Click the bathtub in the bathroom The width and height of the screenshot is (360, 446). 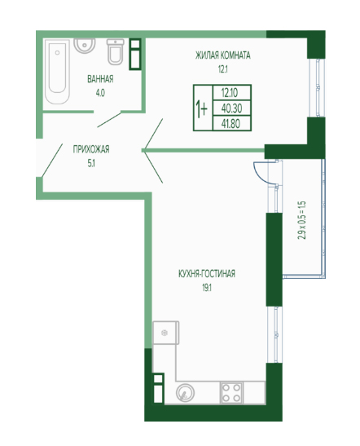pyautogui.click(x=57, y=71)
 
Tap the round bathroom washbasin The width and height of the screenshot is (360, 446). pyautogui.click(x=85, y=46)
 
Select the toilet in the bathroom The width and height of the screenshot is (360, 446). pyautogui.click(x=116, y=51)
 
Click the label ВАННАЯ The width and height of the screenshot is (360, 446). pyautogui.click(x=100, y=79)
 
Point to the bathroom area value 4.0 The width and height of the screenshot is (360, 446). pyautogui.click(x=100, y=93)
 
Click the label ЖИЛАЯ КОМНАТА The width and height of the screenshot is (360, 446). pyautogui.click(x=223, y=55)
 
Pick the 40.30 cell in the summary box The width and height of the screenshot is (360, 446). pyautogui.click(x=232, y=108)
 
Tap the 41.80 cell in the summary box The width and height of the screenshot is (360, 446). pyautogui.click(x=232, y=123)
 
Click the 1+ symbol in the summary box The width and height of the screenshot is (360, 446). pyautogui.click(x=202, y=108)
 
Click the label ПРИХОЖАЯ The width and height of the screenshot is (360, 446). pyautogui.click(x=91, y=149)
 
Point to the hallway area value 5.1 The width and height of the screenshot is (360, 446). pyautogui.click(x=91, y=163)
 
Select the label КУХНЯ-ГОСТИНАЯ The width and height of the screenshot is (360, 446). pyautogui.click(x=207, y=274)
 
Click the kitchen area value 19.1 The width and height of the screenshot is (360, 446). pyautogui.click(x=207, y=288)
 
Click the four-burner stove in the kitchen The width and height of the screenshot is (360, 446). pyautogui.click(x=231, y=393)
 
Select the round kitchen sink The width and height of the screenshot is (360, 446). pyautogui.click(x=185, y=393)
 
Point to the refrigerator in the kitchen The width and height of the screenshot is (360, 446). pyautogui.click(x=166, y=333)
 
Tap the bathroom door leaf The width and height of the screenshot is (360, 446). pyautogui.click(x=109, y=120)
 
